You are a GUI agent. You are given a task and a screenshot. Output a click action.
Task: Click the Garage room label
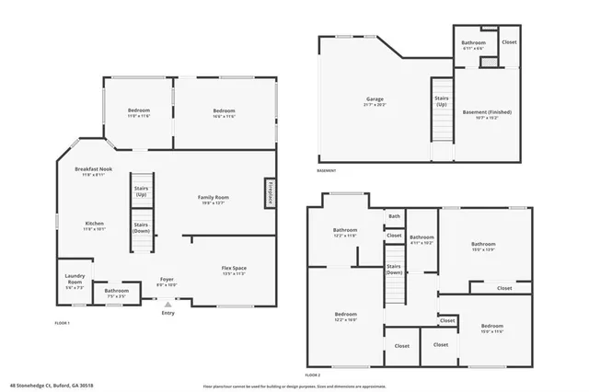point(375,98)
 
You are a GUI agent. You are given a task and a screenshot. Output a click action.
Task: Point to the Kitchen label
point(95,224)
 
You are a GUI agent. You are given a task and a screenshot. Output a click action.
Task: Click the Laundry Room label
point(75,278)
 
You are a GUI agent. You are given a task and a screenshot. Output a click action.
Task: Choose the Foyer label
point(167,279)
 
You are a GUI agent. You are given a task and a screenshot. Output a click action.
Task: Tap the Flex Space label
point(233,268)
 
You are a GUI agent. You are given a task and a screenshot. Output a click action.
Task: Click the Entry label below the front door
point(167,314)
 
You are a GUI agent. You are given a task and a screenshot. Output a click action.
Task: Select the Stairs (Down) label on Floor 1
point(141,227)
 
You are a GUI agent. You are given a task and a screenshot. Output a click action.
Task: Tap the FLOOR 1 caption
point(62,323)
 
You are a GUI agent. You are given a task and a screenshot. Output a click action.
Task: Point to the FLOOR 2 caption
point(313,375)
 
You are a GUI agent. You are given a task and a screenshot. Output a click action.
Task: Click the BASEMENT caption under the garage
point(327,170)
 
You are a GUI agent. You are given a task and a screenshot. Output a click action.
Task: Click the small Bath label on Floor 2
point(394,216)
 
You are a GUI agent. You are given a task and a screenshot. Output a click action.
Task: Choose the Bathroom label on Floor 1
point(116,293)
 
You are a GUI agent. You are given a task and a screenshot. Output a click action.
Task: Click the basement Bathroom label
point(473,43)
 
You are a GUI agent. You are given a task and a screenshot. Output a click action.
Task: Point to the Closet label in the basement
point(509,41)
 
